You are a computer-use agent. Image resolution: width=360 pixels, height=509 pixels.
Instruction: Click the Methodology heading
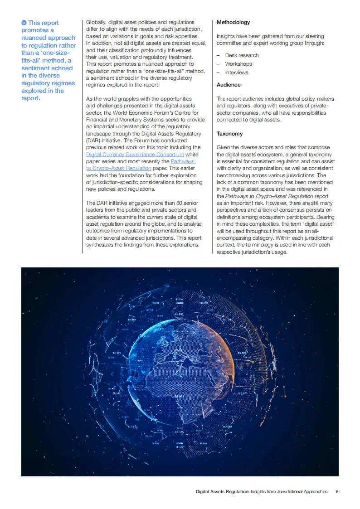[x=233, y=22]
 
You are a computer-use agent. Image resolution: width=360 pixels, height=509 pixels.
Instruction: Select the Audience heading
[x=229, y=85]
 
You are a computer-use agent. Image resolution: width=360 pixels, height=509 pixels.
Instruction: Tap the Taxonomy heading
[x=229, y=134]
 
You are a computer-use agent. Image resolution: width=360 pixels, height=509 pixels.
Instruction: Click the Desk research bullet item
[x=242, y=55]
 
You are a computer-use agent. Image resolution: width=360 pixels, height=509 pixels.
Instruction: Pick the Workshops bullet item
[x=238, y=64]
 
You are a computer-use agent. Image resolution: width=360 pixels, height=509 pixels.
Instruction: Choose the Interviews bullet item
[x=237, y=73]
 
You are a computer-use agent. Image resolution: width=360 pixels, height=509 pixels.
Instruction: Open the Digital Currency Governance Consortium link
[x=135, y=155]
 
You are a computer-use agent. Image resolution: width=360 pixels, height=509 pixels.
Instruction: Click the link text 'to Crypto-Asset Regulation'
[x=119, y=168]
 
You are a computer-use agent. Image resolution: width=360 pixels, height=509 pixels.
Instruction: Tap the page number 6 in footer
[x=337, y=491]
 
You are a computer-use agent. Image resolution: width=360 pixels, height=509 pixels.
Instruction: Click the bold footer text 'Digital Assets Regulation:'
[x=222, y=491]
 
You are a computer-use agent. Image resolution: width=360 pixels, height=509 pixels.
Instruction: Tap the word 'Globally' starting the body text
[x=97, y=22]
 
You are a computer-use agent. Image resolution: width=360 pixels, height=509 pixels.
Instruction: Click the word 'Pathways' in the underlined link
[x=182, y=161]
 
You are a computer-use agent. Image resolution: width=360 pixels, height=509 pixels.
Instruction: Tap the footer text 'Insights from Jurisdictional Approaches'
[x=289, y=491]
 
